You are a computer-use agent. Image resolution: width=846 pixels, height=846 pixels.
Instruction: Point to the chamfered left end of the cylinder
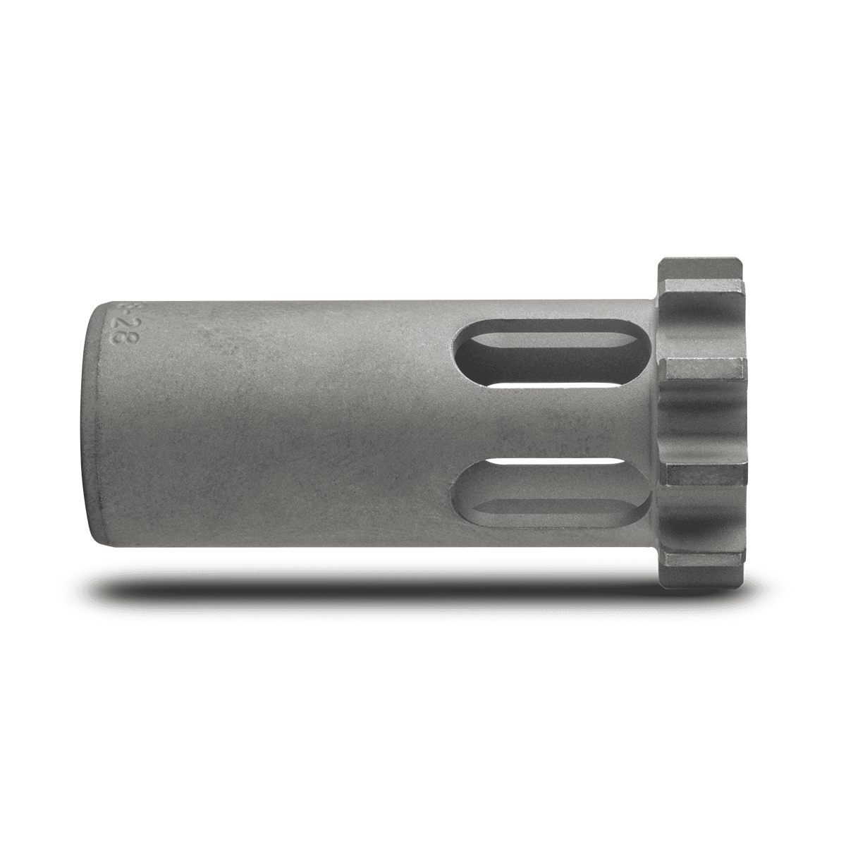(95, 423)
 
